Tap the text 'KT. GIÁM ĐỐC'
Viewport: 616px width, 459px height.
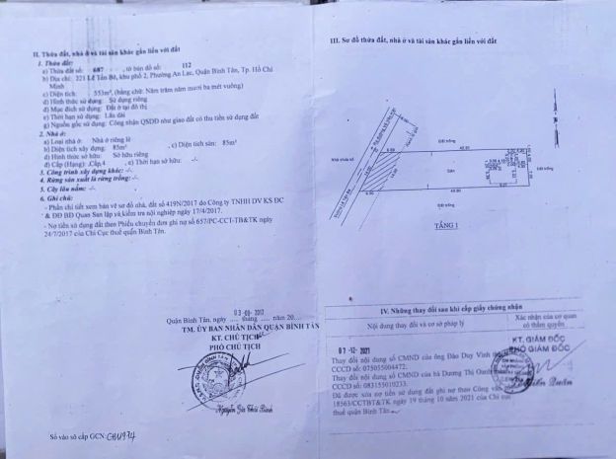pyautogui.click(x=552, y=338)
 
